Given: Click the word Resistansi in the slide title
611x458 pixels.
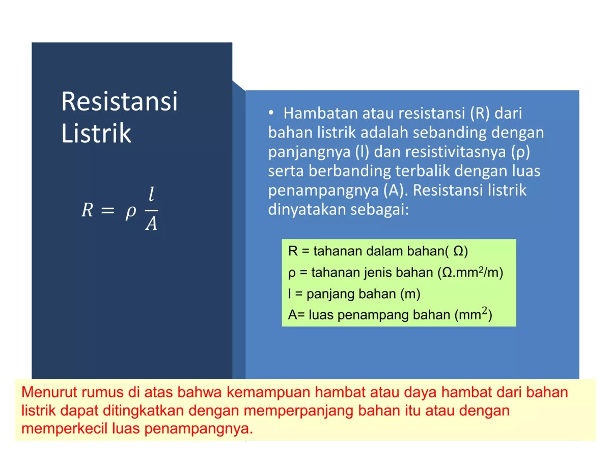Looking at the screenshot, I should [x=120, y=102].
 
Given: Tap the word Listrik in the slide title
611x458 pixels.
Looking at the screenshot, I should [x=96, y=133].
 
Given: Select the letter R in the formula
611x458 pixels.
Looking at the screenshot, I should [x=88, y=210].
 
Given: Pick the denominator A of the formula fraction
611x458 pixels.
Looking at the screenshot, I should [x=151, y=224].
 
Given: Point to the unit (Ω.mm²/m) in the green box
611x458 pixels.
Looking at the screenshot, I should [x=470, y=273].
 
